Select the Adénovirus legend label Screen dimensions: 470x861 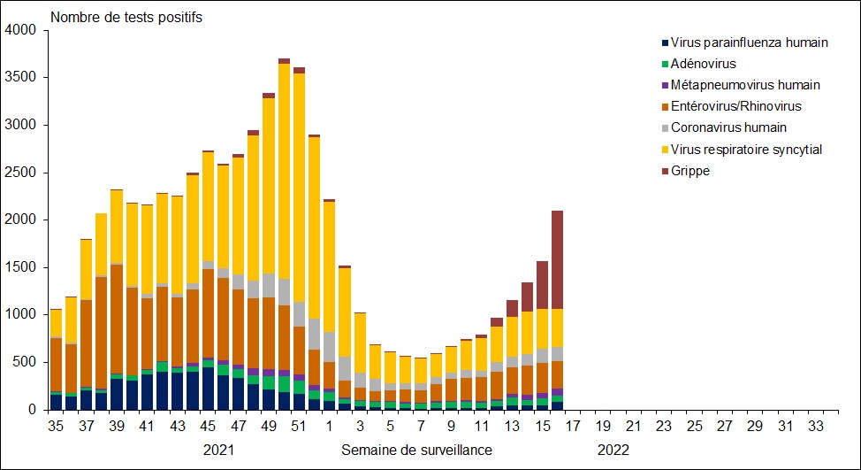(x=703, y=64)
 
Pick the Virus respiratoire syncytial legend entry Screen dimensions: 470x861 (x=747, y=150)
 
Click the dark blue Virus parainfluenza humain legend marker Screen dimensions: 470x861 (x=664, y=42)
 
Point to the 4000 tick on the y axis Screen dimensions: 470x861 (x=19, y=30)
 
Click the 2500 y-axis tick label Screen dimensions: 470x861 (x=19, y=173)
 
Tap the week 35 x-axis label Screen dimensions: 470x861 (x=56, y=427)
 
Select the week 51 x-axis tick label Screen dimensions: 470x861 (x=299, y=427)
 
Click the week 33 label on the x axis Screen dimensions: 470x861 (x=817, y=427)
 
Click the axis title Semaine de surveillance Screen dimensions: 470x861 (x=416, y=450)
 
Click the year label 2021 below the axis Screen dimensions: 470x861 (x=219, y=450)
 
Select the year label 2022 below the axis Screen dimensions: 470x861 (x=613, y=450)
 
